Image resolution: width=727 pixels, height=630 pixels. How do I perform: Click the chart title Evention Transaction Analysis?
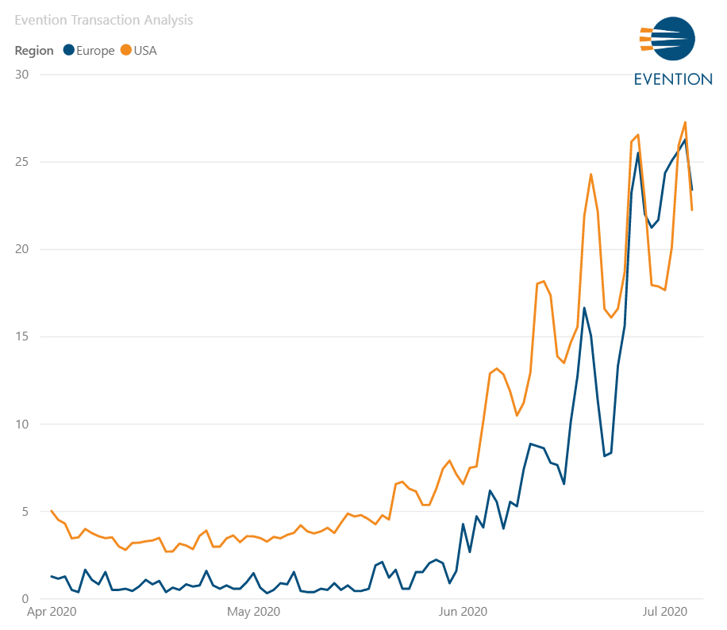103,20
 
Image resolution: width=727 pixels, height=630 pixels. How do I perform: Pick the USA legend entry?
145,51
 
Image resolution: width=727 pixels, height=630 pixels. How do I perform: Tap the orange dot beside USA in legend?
125,51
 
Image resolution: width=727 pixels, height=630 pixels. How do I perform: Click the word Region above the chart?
34,51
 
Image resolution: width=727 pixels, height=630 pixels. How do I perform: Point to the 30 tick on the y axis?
22,75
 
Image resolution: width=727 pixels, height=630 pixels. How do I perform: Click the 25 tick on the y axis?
22,162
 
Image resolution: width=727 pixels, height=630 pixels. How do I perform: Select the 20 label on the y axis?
22,249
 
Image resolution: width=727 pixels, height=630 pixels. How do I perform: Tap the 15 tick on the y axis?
22,336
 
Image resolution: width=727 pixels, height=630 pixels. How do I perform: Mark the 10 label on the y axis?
22,424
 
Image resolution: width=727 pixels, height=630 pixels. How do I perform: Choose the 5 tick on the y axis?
25,511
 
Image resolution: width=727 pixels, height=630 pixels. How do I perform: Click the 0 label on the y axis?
25,598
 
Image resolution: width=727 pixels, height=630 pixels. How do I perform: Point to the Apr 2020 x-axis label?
52,612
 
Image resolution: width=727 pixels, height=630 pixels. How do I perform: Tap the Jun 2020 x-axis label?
463,612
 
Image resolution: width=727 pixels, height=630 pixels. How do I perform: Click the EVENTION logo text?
672,79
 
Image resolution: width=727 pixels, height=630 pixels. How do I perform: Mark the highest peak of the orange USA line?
685,122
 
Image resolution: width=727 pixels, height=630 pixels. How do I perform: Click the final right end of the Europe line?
692,190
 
